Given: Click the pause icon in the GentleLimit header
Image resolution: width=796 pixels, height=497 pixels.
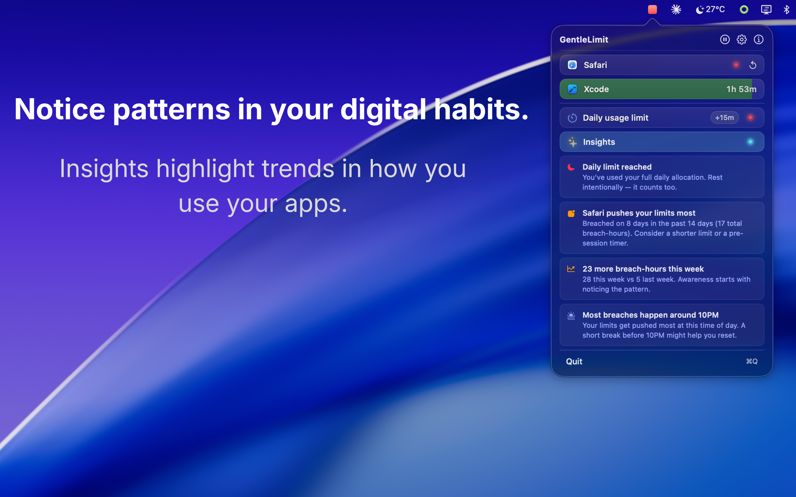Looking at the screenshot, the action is [724, 39].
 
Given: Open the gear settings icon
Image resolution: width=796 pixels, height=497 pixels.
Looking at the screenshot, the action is [741, 39].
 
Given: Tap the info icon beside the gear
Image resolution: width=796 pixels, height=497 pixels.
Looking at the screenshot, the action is [758, 39].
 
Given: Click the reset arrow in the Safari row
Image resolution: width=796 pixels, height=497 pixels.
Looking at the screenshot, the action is [752, 65].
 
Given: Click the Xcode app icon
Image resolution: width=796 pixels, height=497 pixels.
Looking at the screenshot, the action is [572, 89].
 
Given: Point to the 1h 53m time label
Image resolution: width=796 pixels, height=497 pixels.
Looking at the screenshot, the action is [741, 89].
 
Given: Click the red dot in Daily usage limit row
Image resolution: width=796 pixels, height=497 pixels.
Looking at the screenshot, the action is [750, 118].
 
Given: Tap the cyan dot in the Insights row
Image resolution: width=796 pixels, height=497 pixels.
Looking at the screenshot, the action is [750, 142].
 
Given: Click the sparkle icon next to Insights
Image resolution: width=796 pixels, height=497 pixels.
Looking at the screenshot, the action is [572, 142].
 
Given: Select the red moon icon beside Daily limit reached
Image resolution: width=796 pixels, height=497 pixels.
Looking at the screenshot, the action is [571, 167].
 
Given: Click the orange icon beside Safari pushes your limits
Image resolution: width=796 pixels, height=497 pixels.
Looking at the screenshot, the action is [571, 213].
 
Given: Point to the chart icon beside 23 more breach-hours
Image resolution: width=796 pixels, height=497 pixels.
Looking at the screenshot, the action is [571, 269].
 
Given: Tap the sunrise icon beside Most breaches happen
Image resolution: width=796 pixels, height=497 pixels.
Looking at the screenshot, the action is [571, 316].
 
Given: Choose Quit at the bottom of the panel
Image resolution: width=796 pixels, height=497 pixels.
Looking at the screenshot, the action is [574, 362].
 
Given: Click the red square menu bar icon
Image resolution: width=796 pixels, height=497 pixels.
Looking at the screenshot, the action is [652, 10].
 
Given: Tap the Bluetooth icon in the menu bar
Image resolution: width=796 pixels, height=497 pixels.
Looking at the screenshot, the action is [786, 10].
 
